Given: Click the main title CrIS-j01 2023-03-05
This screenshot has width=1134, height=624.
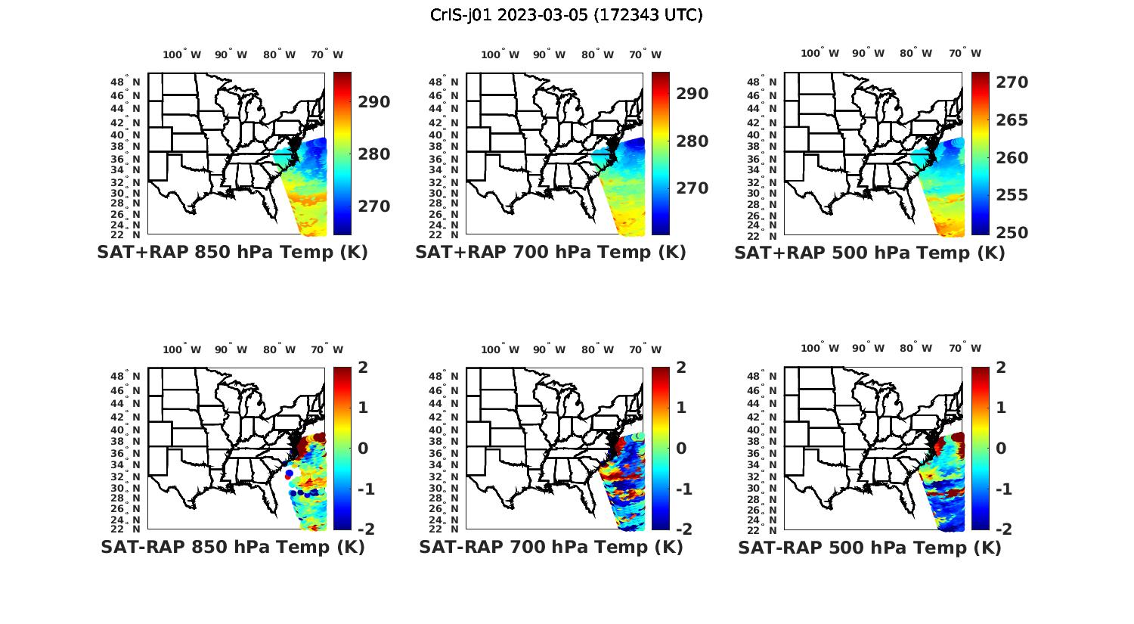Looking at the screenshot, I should (x=566, y=15).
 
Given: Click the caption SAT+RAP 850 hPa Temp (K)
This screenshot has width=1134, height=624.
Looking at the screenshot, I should (x=232, y=253).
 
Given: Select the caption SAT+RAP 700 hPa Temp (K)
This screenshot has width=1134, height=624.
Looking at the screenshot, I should (x=550, y=253).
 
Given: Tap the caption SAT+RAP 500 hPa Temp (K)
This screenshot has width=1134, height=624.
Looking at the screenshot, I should (x=869, y=253).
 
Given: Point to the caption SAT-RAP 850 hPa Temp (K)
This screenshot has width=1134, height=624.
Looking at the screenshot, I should (x=232, y=547).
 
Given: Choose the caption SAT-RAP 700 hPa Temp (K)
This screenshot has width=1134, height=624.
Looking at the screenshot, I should (x=550, y=547).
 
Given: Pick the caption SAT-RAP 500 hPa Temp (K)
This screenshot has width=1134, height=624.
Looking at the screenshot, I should (x=869, y=548).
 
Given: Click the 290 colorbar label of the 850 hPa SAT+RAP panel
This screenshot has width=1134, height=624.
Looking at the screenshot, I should (x=373, y=102).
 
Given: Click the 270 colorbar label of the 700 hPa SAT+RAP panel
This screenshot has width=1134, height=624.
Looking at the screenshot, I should (x=692, y=188).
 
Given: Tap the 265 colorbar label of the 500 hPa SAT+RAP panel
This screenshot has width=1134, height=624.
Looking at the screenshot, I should (x=1011, y=120).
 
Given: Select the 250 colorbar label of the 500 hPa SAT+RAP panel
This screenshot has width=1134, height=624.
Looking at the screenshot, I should (x=1011, y=233).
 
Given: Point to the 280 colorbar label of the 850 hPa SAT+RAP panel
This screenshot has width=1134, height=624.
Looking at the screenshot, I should (x=373, y=154).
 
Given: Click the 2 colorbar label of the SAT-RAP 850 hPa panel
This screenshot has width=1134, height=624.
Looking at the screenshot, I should (x=363, y=368).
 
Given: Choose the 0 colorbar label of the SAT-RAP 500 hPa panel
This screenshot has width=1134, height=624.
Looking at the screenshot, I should (x=1002, y=449).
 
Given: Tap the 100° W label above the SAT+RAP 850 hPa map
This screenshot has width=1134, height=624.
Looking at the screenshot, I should (x=181, y=54).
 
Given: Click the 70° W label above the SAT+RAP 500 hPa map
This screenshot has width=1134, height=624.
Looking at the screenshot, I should (x=965, y=53).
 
